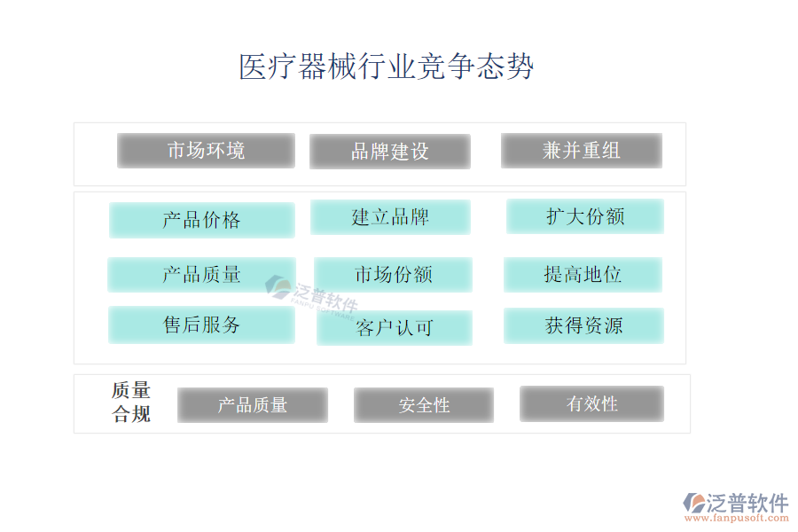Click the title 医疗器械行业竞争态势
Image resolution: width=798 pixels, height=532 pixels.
[x=386, y=67]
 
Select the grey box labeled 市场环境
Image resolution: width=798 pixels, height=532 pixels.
[x=206, y=151]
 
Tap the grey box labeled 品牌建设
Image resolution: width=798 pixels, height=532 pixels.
[x=390, y=152]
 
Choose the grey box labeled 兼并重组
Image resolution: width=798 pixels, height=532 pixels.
[x=582, y=151]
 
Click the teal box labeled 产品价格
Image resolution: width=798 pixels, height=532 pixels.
[x=201, y=220]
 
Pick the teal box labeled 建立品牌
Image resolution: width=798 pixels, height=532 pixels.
[x=390, y=217]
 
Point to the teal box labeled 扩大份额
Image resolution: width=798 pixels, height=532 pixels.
[x=585, y=216]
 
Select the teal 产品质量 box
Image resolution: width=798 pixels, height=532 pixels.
[x=201, y=275]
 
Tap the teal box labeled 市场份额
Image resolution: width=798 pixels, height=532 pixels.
[x=393, y=275]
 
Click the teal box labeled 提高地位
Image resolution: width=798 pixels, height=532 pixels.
[x=583, y=275]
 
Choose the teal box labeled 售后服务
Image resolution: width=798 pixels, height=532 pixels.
[x=201, y=325]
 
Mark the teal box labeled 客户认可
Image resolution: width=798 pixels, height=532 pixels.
[x=395, y=328]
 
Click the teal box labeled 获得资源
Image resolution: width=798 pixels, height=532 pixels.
[x=583, y=325]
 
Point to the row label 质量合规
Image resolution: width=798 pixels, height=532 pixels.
[x=131, y=403]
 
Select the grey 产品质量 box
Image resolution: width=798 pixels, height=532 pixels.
[x=253, y=405]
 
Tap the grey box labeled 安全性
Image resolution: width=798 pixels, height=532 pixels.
[x=424, y=405]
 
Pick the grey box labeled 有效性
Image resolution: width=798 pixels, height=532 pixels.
[x=591, y=403]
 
